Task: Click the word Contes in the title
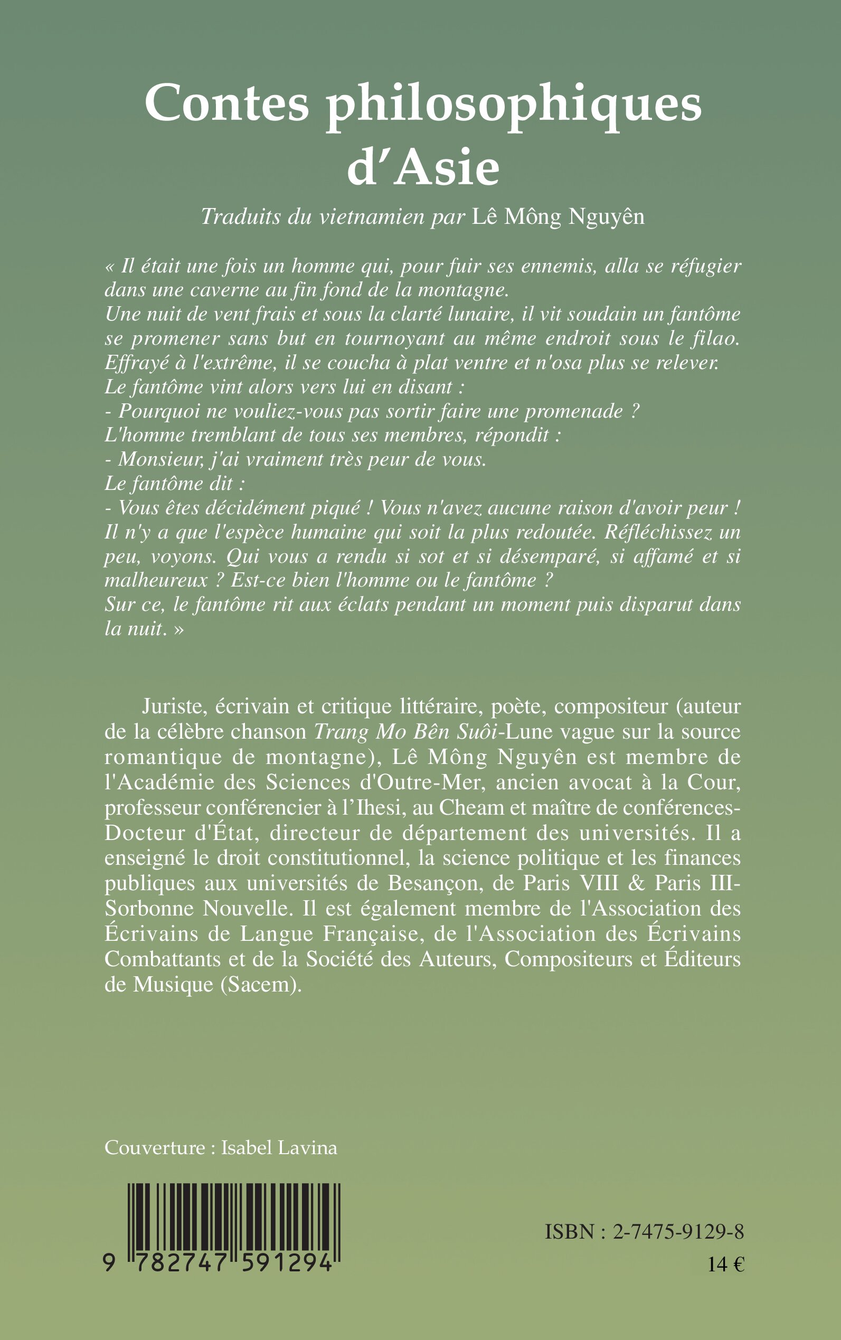point(226,103)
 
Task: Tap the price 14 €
point(726,1265)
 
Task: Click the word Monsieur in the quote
point(154,459)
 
